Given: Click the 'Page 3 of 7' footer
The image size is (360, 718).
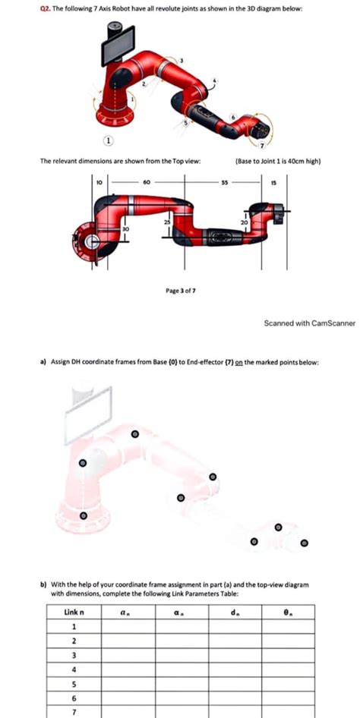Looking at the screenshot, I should (x=180, y=291).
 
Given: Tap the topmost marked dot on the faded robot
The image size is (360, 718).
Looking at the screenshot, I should (x=135, y=434).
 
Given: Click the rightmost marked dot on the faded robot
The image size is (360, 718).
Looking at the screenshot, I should (x=305, y=543).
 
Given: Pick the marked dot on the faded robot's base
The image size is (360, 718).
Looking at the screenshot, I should (x=84, y=516).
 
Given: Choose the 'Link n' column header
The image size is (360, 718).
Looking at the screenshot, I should (x=74, y=612).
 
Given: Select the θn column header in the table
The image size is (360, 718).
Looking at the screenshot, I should (x=287, y=612).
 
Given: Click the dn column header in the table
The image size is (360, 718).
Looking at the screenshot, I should (x=234, y=612).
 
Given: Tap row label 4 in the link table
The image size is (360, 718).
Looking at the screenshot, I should (x=74, y=669).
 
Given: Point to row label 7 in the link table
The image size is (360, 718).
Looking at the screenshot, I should (x=74, y=712).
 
